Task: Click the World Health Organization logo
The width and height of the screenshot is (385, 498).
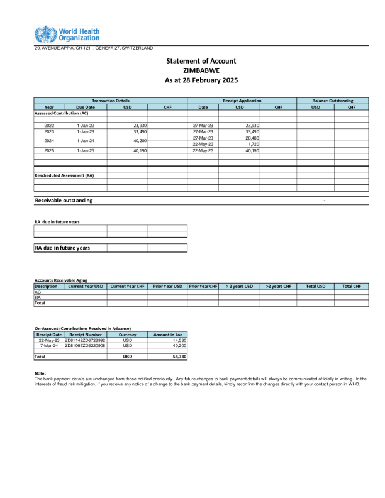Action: pos(67,34)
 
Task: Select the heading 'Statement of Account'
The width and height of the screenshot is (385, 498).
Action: pos(201,61)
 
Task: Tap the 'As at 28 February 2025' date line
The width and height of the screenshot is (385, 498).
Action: pos(201,80)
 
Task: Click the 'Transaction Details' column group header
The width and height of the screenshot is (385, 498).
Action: pos(111,101)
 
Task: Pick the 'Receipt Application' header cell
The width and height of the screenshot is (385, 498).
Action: pos(242,101)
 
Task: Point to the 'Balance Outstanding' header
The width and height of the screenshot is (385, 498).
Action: pos(333,101)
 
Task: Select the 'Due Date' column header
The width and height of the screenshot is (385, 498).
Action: pos(85,107)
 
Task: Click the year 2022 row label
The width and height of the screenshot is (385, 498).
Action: pos(49,126)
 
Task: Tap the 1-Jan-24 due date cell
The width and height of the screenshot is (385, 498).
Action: pos(85,141)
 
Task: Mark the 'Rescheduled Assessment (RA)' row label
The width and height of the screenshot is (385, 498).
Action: pos(64,175)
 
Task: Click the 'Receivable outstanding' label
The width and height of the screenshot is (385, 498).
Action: pos(64,200)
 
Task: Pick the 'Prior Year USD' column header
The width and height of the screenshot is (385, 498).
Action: pos(168,286)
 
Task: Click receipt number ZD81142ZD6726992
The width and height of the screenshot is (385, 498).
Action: pos(85,340)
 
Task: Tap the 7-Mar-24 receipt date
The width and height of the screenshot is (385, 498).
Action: pos(49,346)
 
